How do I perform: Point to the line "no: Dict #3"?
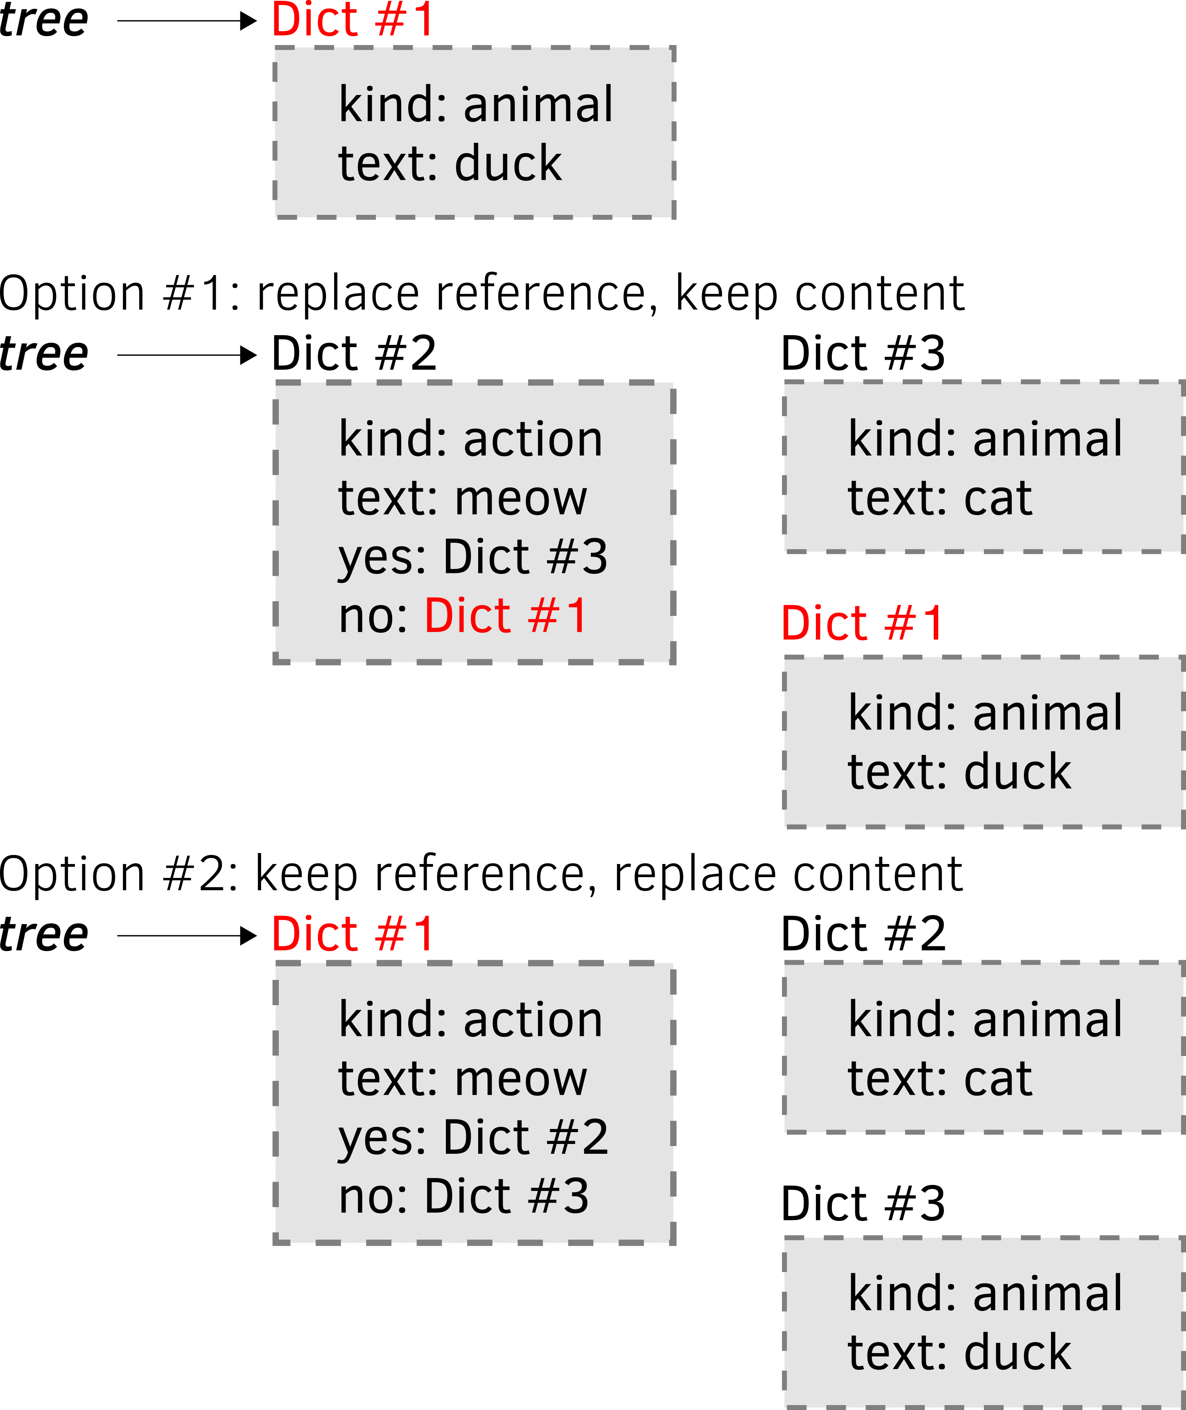464,1196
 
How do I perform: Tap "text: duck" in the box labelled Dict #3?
959,1352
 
